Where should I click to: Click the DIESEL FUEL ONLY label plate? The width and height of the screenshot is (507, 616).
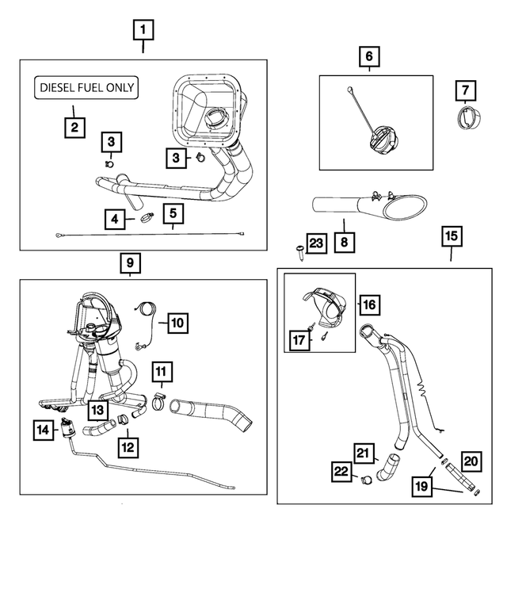click(x=86, y=87)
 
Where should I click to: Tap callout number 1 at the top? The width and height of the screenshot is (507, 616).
click(x=143, y=30)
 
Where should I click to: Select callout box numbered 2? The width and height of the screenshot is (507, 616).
click(x=74, y=128)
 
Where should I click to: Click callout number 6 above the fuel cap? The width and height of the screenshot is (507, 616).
click(x=369, y=56)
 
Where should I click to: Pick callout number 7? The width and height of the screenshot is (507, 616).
click(x=465, y=90)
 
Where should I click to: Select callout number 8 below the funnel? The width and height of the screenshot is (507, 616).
click(x=344, y=242)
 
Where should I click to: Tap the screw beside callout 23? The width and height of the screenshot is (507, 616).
click(x=301, y=252)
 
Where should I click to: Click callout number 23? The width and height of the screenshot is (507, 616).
click(x=316, y=243)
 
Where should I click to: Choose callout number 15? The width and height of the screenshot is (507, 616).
click(x=452, y=236)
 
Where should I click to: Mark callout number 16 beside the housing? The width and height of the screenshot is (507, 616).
click(x=370, y=304)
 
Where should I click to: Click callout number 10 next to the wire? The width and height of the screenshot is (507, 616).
click(x=177, y=323)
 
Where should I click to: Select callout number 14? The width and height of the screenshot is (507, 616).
click(x=43, y=430)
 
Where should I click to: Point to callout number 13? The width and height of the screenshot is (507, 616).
click(x=97, y=410)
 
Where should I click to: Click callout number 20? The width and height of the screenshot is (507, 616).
click(x=471, y=461)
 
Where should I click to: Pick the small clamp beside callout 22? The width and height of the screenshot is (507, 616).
click(x=366, y=480)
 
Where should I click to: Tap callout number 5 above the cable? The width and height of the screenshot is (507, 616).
click(x=173, y=213)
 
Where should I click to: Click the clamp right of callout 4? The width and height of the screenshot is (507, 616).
click(x=147, y=216)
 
